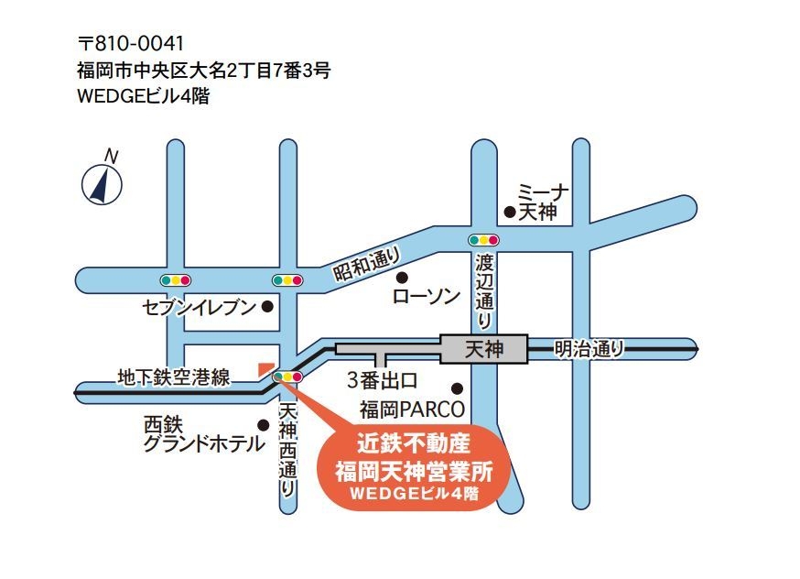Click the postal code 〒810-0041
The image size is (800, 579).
(133, 43)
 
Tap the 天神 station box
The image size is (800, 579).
(484, 349)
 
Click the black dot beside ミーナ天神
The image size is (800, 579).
(509, 212)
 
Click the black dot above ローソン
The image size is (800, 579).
(400, 277)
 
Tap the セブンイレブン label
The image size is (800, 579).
(199, 308)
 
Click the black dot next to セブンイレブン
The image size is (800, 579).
(267, 308)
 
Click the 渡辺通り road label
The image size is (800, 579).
(484, 291)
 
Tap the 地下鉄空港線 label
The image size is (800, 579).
(173, 377)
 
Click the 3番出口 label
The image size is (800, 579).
(383, 378)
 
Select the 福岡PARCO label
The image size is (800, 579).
(412, 409)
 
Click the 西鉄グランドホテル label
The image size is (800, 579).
(203, 436)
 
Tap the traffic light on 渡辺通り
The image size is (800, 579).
(484, 241)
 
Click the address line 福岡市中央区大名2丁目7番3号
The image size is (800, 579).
(204, 70)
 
